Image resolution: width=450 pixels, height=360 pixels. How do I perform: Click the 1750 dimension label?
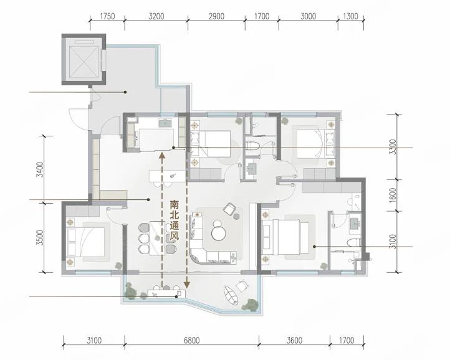click(x=107, y=16)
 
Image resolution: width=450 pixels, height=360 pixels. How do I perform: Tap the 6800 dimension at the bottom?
click(x=192, y=341)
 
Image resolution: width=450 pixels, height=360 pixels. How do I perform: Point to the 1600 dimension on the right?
click(x=393, y=195)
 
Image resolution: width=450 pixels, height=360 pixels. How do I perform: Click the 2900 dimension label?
click(x=216, y=16)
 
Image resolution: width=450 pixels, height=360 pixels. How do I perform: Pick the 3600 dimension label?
click(x=294, y=341)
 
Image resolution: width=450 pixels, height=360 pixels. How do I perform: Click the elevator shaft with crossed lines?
click(x=84, y=59)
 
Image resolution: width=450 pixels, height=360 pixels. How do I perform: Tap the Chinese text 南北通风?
click(x=174, y=220)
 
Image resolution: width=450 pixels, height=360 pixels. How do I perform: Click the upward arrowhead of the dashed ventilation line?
click(x=162, y=155)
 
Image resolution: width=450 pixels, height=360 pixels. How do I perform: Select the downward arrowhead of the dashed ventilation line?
click(x=187, y=285)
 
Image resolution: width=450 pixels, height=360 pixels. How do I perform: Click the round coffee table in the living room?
click(x=219, y=233)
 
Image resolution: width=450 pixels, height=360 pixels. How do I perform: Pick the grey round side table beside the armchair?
click(x=237, y=217)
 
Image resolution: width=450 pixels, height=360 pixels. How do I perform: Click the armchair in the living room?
click(x=229, y=209)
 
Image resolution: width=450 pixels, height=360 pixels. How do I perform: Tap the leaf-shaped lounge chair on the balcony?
click(x=232, y=295)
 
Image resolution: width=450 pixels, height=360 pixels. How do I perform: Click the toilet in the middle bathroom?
click(x=253, y=146)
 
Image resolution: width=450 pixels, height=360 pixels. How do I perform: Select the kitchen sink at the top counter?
click(x=166, y=123)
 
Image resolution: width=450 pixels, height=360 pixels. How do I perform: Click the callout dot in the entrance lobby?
click(x=125, y=92)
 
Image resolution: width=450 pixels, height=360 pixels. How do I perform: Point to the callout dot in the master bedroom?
click(x=314, y=247)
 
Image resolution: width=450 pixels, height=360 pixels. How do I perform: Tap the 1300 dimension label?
click(x=350, y=16)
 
